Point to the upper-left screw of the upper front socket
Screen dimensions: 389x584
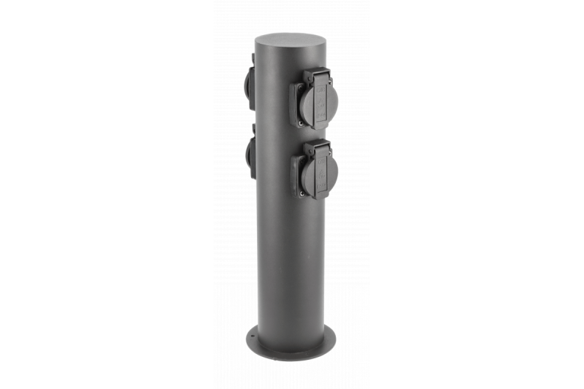tap(300, 86)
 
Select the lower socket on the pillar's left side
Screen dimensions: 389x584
tap(250, 156)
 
